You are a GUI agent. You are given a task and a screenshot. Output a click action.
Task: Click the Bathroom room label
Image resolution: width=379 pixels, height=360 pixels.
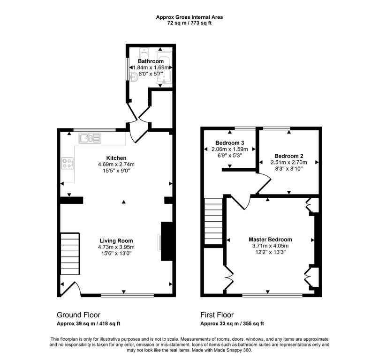click(151, 61)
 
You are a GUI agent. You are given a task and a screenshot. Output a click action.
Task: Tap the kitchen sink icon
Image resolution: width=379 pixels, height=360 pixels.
click(90, 138)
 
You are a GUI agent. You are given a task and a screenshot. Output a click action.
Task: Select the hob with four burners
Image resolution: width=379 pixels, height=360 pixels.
click(68, 163)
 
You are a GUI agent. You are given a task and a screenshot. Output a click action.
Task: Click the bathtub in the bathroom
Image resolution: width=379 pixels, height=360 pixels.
click(164, 67)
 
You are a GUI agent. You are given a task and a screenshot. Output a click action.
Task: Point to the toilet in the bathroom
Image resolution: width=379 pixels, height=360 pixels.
click(144, 52)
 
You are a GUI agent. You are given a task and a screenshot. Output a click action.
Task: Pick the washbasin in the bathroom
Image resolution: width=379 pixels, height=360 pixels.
click(133, 77)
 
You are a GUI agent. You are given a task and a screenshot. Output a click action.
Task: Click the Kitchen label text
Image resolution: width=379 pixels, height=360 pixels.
click(116, 158)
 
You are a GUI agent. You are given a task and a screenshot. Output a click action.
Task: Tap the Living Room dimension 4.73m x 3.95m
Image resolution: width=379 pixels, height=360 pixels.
click(116, 247)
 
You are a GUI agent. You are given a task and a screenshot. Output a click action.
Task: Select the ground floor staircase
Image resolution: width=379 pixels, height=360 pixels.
click(70, 254)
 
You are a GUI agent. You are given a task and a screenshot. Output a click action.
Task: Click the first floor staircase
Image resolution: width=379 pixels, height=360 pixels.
click(213, 221)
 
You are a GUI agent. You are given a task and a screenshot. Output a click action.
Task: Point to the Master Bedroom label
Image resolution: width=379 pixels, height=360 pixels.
click(270, 240)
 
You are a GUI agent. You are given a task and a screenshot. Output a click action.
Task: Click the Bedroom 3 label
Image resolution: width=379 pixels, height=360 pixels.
click(230, 143)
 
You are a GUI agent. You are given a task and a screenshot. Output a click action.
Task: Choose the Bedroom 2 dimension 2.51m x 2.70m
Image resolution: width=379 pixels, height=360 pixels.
click(289, 162)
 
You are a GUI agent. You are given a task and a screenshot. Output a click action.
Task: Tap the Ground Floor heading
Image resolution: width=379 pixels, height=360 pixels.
click(78, 315)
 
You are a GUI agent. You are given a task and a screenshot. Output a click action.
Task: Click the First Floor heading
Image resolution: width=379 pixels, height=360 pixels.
click(217, 315)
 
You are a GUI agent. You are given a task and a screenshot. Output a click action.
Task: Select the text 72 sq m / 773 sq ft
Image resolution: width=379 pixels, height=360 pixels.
click(189, 23)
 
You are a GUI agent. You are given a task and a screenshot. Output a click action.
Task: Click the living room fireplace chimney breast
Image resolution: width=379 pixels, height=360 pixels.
click(167, 241)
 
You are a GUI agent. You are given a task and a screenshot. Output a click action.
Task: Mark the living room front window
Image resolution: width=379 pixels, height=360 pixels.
click(128, 295)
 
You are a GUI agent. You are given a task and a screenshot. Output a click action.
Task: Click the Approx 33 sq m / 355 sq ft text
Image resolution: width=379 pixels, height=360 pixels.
click(232, 323)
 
